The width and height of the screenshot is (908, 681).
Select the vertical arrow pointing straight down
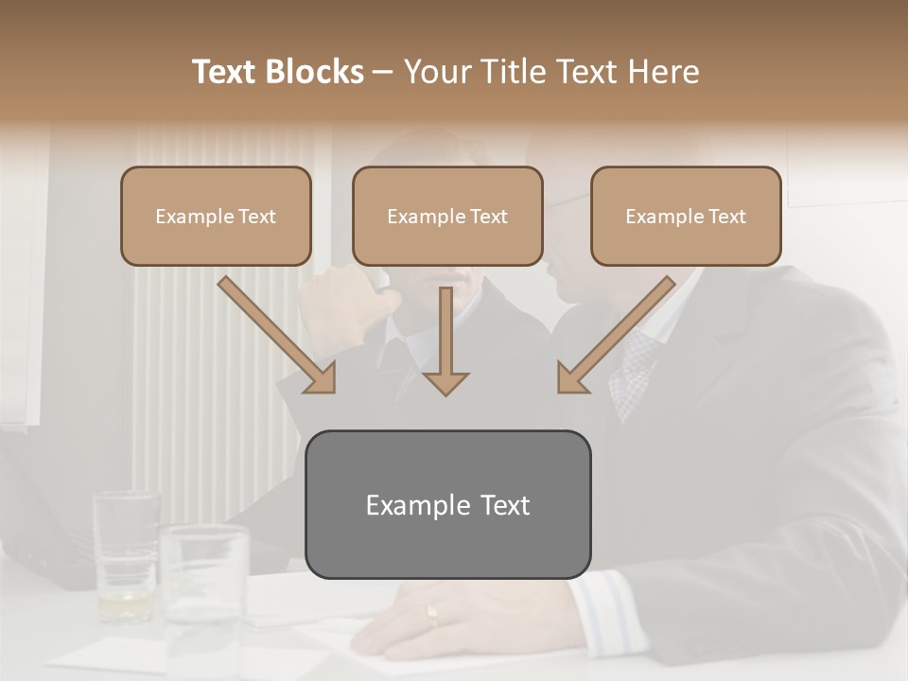click(445, 340)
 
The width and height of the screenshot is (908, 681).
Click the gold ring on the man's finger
click(432, 616)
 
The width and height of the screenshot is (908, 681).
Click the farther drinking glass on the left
click(126, 553)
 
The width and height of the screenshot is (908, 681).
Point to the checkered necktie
click(631, 374)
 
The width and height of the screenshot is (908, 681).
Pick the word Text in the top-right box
click(725, 217)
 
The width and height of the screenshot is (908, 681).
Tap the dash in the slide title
click(383, 73)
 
